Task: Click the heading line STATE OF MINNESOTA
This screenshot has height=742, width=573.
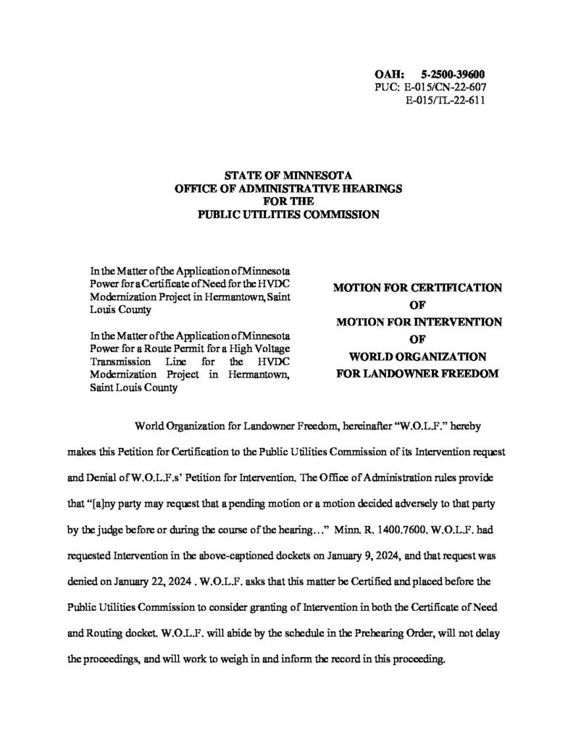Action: [288, 176]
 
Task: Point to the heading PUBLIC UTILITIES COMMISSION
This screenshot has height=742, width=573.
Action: [288, 214]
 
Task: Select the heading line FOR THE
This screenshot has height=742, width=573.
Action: [288, 201]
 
